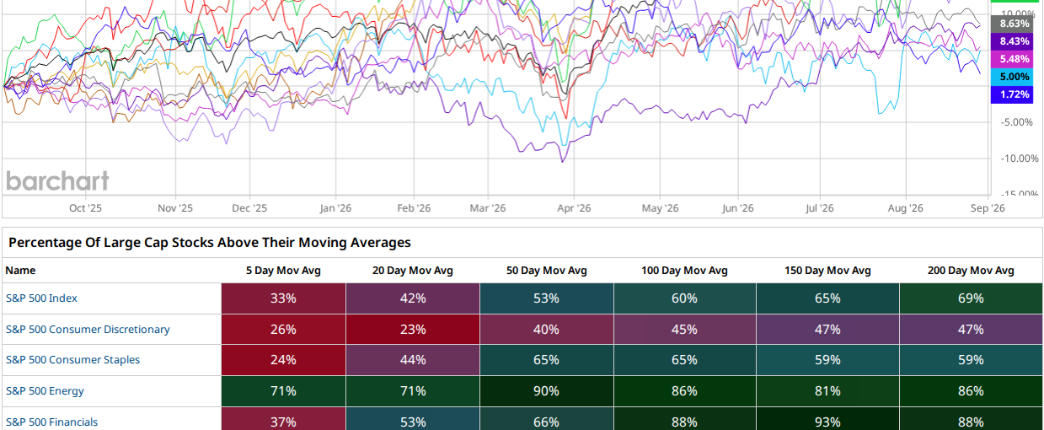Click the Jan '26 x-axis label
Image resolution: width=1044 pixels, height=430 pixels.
point(335,208)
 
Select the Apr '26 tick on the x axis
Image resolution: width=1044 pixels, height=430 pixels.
point(574,208)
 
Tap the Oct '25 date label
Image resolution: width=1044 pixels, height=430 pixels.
point(85,208)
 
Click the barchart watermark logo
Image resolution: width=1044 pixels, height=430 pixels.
point(57,181)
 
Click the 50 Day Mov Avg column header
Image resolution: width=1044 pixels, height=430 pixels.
point(546,271)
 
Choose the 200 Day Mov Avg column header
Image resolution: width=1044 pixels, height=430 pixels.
point(971,271)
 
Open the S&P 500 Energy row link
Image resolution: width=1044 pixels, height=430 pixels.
point(45,391)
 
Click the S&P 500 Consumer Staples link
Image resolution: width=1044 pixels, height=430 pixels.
point(72,359)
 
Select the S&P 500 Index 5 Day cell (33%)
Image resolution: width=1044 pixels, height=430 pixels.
point(283,298)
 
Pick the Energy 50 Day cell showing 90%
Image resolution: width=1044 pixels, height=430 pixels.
point(546,391)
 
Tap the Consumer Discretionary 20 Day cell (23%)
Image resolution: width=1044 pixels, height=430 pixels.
point(413,330)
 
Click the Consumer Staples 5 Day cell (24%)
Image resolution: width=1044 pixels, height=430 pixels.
point(283,360)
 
